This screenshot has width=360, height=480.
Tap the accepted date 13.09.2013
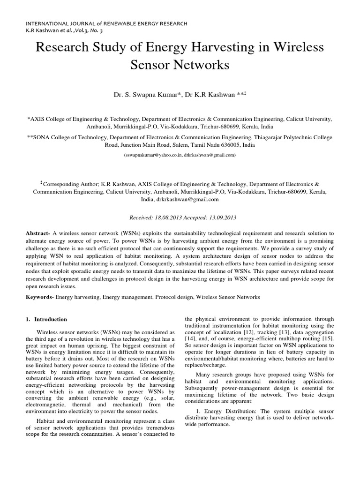click(221, 218)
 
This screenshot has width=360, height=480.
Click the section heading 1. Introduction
click(46, 319)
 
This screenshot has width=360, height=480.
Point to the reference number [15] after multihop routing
click(326, 338)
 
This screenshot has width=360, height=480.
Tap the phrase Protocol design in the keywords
click(174, 297)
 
